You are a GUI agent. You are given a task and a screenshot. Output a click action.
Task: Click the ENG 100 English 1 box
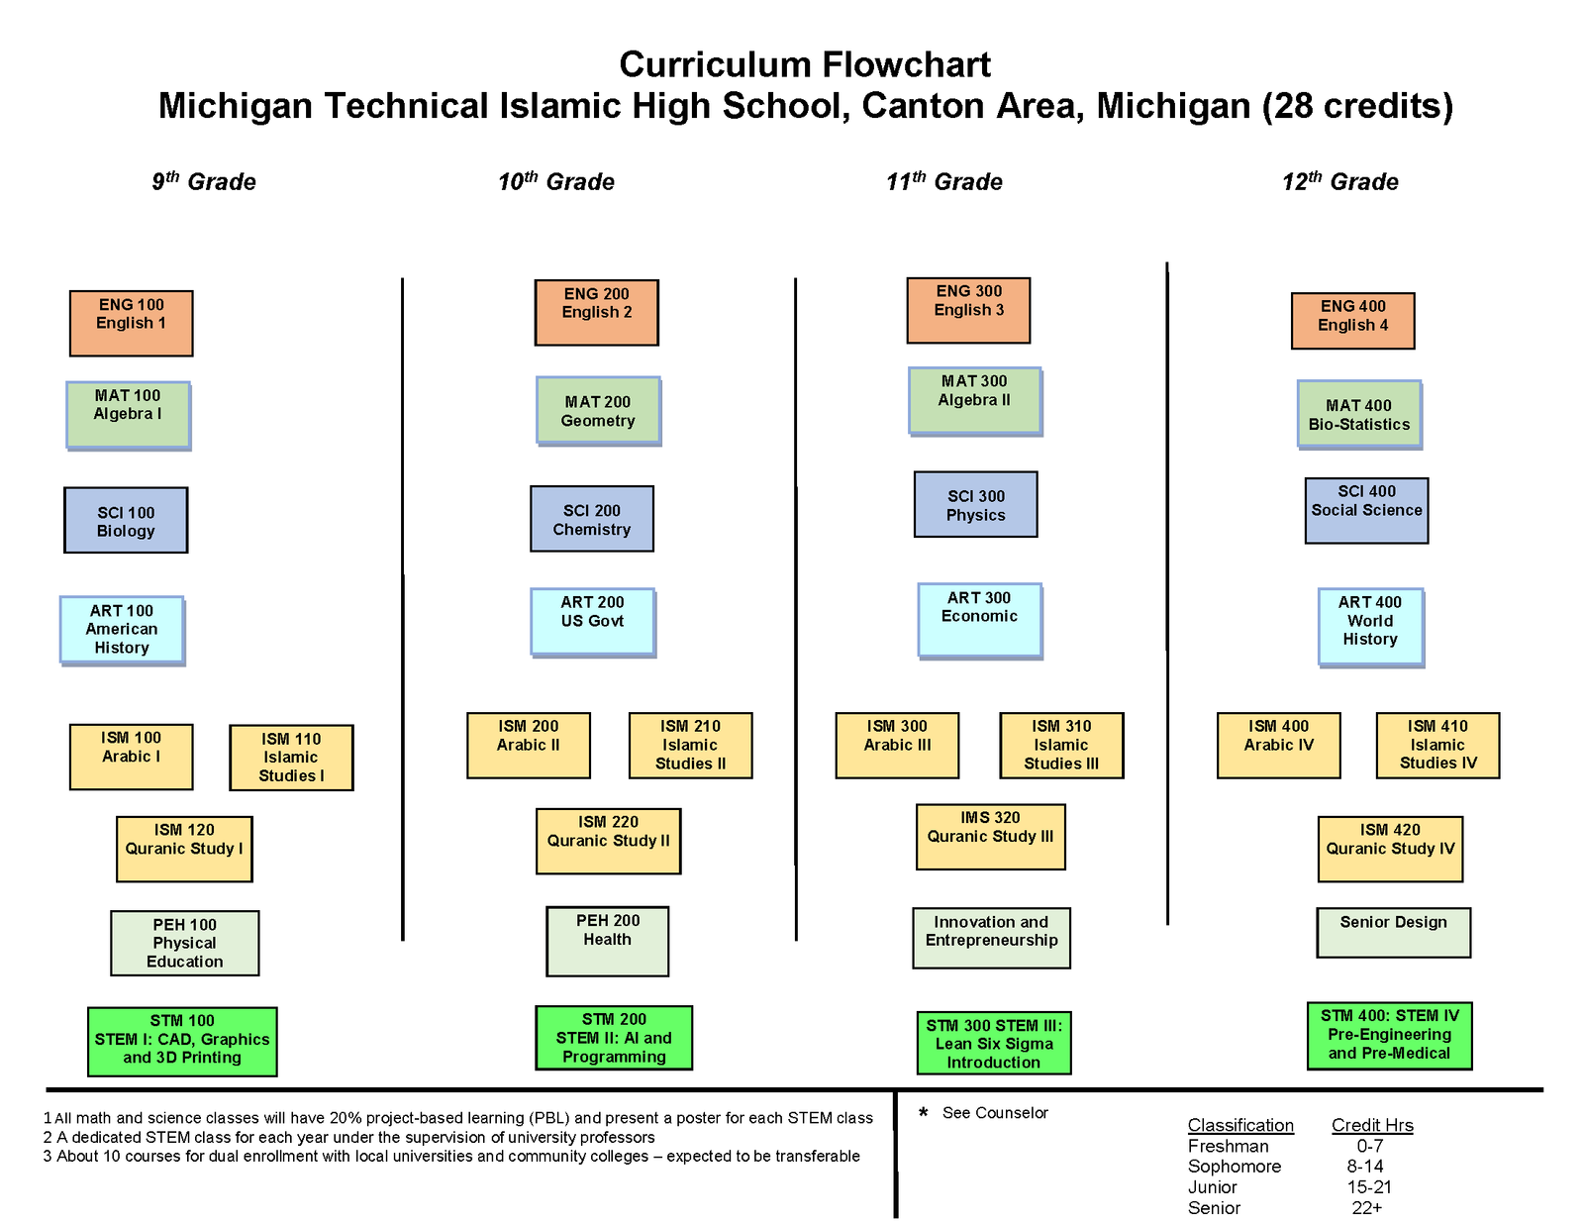point(132,323)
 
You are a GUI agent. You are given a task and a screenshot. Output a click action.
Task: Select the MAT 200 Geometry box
point(599,410)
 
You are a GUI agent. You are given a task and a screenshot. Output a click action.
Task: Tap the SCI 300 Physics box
point(976,504)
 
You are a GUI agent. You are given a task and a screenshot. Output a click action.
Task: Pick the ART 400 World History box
point(1370,627)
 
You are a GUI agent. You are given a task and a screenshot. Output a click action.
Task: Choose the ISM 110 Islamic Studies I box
point(292,758)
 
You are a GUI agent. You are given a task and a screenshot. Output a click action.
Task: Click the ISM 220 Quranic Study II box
point(609,841)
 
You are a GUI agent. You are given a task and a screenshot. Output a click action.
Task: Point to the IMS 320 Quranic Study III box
point(991,836)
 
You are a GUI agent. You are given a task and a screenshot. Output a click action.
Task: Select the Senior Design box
point(1394,933)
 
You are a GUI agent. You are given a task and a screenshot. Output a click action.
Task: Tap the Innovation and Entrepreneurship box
point(991,938)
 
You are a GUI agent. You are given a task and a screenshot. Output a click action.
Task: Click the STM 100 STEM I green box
point(182,1041)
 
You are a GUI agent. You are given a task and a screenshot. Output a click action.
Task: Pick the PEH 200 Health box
point(607,941)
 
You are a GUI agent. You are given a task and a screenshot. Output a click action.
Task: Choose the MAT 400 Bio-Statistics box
point(1359,415)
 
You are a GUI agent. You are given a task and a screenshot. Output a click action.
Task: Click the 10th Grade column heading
point(556,181)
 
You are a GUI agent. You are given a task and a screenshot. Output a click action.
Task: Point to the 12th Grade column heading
point(1340,181)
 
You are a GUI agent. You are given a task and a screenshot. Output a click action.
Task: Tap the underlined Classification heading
point(1240,1125)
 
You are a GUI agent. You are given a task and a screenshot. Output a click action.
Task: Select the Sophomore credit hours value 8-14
point(1365,1166)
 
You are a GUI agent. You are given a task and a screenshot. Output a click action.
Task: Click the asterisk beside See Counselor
point(924,1112)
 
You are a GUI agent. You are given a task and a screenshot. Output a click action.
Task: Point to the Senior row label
point(1214,1207)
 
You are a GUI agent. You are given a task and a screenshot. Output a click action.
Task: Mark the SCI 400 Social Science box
point(1367,510)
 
